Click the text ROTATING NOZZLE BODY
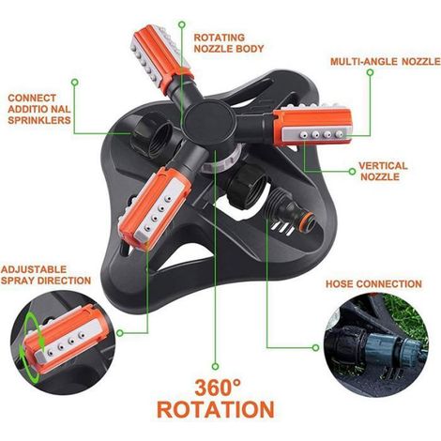tap(229, 43)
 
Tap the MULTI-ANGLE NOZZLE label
tap(386, 61)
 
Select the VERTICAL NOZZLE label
tap(383, 171)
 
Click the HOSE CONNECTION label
tap(373, 284)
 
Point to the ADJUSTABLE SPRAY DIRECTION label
tap(46, 275)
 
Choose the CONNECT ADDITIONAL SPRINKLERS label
tap(39, 109)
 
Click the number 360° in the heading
tap(218, 388)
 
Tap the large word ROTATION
tap(216, 409)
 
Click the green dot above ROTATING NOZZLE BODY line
tap(181, 24)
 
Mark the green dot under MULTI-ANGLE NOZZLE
tap(370, 72)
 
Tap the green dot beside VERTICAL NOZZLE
tap(352, 172)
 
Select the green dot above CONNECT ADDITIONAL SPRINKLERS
tap(74, 83)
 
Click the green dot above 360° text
tap(215, 366)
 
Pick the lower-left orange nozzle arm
tap(153, 206)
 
